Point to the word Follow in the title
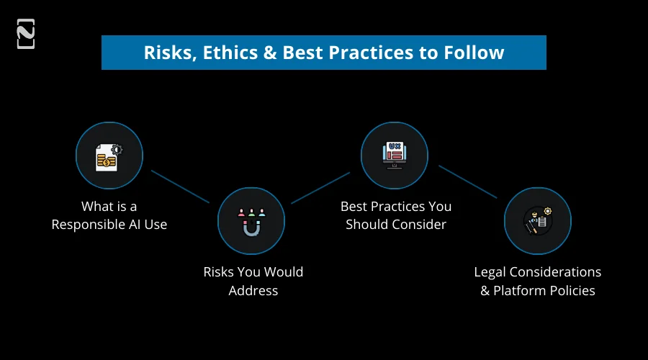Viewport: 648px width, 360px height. pyautogui.click(x=472, y=53)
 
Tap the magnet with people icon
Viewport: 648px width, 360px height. pyautogui.click(x=251, y=221)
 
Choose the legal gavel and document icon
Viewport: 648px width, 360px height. pyautogui.click(x=537, y=221)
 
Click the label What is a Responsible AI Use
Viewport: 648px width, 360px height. pyautogui.click(x=109, y=215)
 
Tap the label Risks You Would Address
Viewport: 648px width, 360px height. pyautogui.click(x=253, y=281)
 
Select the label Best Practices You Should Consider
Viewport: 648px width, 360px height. pyautogui.click(x=395, y=215)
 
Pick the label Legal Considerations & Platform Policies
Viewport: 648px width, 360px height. pyautogui.click(x=537, y=281)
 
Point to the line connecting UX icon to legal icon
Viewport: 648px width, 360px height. pyautogui.click(x=467, y=181)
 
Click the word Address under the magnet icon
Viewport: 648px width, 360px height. pyautogui.click(x=253, y=291)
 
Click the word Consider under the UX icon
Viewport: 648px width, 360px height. pyautogui.click(x=420, y=225)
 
